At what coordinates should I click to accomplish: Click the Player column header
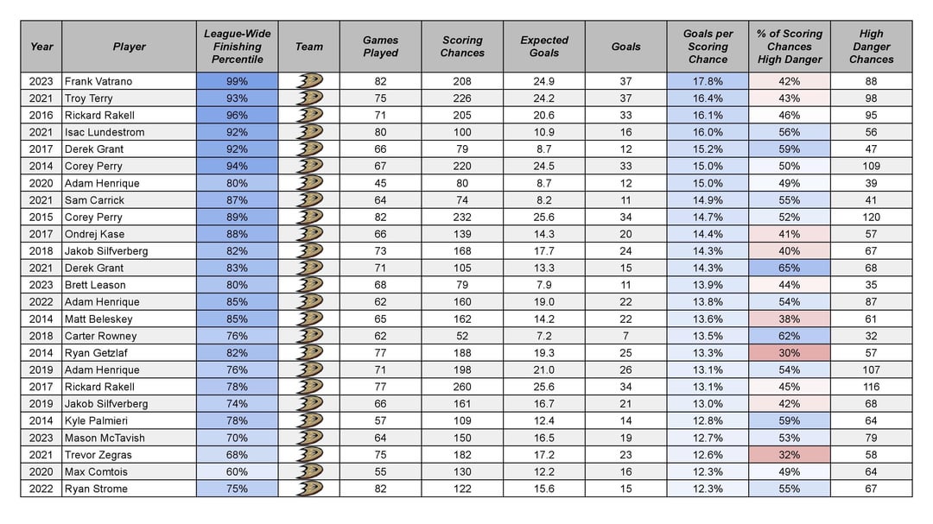click(129, 47)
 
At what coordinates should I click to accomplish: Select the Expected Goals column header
click(544, 47)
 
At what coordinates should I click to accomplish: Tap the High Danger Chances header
click(871, 47)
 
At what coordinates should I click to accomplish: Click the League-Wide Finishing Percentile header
click(237, 47)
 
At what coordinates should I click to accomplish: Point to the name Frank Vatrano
click(98, 81)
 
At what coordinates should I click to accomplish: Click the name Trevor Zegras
click(98, 455)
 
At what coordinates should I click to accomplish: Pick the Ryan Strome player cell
click(96, 489)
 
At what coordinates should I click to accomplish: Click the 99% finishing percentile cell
click(237, 81)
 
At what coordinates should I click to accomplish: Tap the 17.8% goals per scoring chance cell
click(708, 81)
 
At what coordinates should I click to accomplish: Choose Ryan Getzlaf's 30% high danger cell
click(789, 353)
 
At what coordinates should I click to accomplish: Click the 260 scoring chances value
click(462, 387)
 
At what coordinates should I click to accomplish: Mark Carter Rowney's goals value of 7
click(625, 336)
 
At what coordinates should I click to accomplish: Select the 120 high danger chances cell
click(871, 217)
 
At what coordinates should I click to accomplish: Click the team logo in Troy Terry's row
click(308, 98)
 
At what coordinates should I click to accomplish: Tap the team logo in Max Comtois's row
click(308, 472)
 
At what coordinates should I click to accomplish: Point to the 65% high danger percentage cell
click(789, 268)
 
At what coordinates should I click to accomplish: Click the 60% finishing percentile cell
click(237, 472)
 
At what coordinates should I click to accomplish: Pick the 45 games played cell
click(380, 183)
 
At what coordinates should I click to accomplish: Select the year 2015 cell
click(41, 217)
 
